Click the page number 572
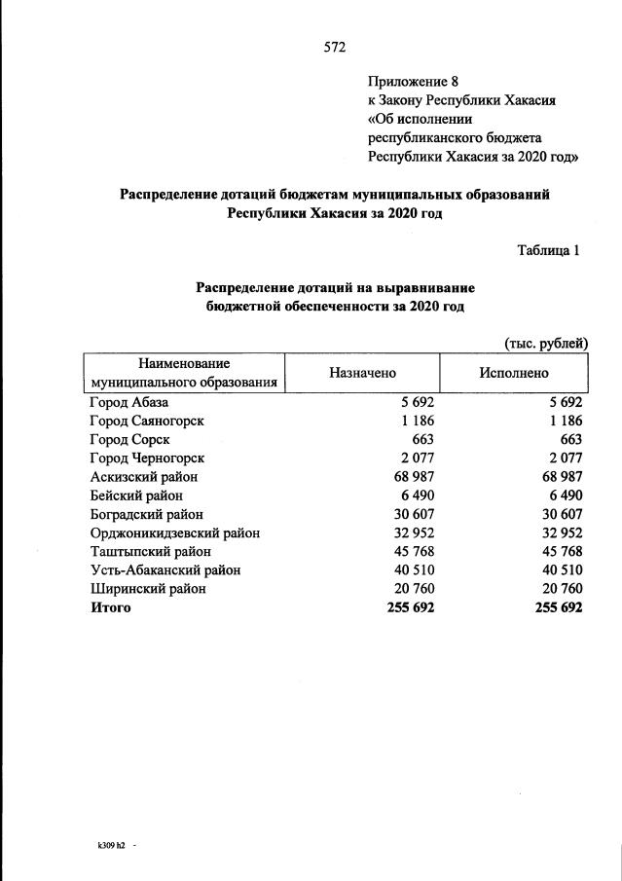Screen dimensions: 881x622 point(335,46)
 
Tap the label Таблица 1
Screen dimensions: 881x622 point(548,249)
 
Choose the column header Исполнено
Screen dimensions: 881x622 point(513,373)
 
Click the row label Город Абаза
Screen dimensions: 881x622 point(129,403)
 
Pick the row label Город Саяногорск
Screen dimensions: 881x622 point(147,422)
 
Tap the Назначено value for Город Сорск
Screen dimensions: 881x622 point(421,440)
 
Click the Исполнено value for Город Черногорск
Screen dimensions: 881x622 point(565,459)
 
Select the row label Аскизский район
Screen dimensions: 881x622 point(144,477)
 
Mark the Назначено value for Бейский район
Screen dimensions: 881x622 point(416,496)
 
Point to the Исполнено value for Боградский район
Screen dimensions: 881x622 point(559,514)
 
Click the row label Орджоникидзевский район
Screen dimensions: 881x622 point(175,532)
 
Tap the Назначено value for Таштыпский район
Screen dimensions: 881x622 point(412,551)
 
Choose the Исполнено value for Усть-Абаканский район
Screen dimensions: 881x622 point(559,569)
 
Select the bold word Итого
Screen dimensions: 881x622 point(110,607)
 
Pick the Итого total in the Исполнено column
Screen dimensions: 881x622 point(558,607)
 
